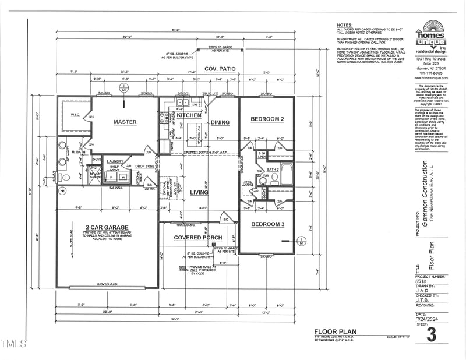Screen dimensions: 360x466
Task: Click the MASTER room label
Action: click(x=125, y=122)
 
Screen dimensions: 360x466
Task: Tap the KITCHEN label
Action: click(x=189, y=115)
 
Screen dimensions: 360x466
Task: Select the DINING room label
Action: click(x=220, y=122)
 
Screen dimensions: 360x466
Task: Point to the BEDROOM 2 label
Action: click(x=267, y=119)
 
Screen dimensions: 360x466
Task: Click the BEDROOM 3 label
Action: click(x=267, y=224)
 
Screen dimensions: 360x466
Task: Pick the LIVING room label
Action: click(x=199, y=192)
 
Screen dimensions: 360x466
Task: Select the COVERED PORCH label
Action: click(x=198, y=238)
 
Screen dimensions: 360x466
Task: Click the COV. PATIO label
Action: click(x=220, y=69)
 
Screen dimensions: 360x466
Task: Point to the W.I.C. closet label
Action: click(x=75, y=114)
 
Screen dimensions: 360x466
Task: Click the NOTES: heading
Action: click(x=344, y=26)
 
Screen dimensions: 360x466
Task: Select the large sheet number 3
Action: click(x=431, y=335)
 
